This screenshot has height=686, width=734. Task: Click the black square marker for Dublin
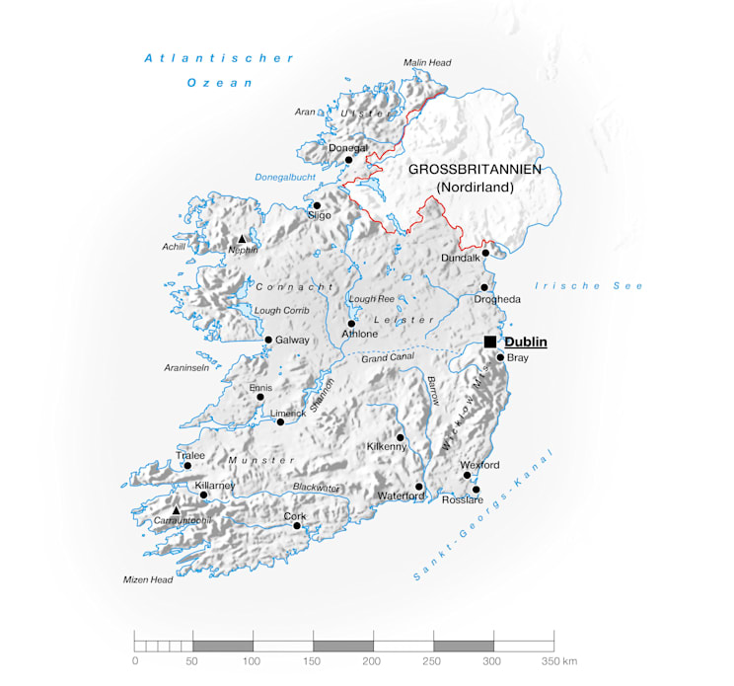490,342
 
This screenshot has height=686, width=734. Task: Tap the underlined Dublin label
525,342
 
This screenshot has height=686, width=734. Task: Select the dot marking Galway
268,340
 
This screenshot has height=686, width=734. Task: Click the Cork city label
295,516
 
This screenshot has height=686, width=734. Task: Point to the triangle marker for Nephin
242,239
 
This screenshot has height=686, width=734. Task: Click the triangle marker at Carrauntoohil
177,510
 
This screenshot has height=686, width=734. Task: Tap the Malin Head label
426,62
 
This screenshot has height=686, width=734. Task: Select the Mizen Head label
148,579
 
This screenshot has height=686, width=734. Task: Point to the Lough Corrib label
282,310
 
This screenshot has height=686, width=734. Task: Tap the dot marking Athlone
351,324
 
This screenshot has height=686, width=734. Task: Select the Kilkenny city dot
401,437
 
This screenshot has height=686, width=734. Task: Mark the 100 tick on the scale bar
254,659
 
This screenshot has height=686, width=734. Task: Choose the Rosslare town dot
477,490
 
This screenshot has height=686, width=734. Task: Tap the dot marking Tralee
187,466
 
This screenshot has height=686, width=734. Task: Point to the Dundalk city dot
485,253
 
